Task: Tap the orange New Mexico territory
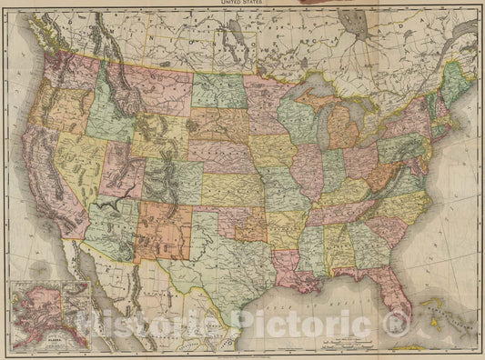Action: (x=162, y=232)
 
